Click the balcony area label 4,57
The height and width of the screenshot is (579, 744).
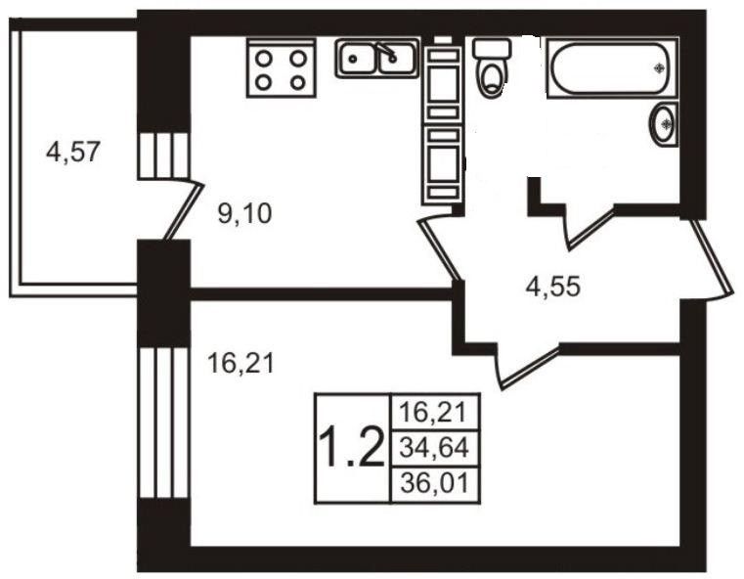(x=73, y=153)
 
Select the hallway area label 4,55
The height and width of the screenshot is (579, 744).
(x=553, y=288)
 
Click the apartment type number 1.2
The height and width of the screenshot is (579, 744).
(x=351, y=449)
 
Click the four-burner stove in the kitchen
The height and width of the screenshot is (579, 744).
(x=281, y=68)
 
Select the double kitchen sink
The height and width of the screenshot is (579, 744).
(x=377, y=59)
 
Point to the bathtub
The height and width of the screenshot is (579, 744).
(x=611, y=67)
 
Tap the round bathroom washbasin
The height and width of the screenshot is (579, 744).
(x=664, y=124)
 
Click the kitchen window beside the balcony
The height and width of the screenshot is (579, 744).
(x=162, y=155)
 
